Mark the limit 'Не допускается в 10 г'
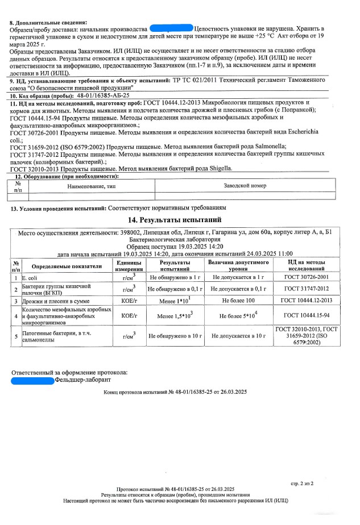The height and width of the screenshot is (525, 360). [x=238, y=336]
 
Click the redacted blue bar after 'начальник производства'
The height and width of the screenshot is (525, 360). [x=170, y=28]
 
